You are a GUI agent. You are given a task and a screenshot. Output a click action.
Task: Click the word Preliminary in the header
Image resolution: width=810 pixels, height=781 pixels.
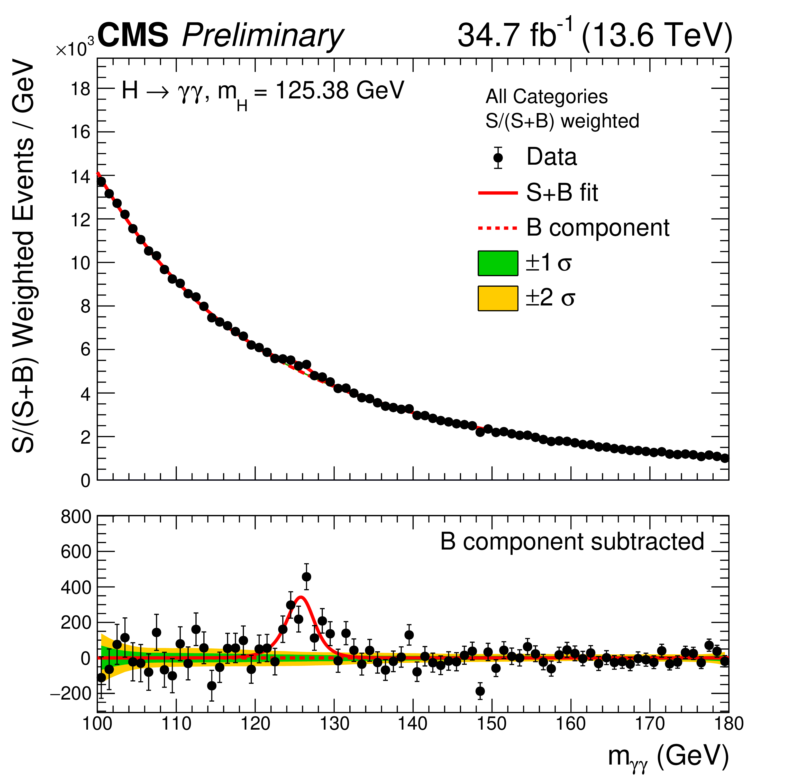[262, 36]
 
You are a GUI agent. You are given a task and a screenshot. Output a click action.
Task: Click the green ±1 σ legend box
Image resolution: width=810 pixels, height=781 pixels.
[498, 263]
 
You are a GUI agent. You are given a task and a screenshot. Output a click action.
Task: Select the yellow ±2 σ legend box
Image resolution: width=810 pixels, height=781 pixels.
[498, 298]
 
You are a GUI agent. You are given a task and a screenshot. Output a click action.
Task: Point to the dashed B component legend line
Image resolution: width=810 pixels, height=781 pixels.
[498, 228]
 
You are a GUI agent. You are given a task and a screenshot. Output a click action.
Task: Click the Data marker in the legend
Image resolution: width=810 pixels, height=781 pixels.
[498, 158]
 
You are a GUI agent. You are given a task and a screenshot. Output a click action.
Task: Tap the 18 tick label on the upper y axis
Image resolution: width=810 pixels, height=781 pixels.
[80, 89]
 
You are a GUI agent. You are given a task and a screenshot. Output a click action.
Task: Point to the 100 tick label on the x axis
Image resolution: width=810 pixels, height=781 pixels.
[97, 724]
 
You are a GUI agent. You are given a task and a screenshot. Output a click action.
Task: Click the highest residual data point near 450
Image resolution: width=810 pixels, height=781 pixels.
[306, 577]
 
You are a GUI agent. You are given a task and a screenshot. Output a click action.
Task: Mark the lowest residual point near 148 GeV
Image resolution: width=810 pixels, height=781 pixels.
[480, 691]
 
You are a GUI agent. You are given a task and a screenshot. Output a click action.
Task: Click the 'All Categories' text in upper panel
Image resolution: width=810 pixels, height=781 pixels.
[546, 97]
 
